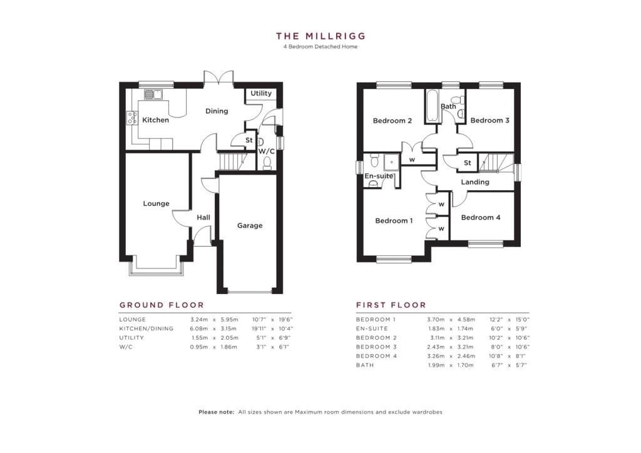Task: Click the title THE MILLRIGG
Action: (x=320, y=36)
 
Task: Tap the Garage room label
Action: (x=250, y=225)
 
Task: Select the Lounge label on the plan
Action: (x=156, y=203)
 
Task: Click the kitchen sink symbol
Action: (x=153, y=94)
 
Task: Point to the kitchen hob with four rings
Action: (x=132, y=118)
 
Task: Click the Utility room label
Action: (x=261, y=93)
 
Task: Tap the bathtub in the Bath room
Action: (x=433, y=106)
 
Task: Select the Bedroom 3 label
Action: (x=490, y=121)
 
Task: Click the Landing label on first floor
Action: (x=475, y=182)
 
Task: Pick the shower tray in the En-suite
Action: (x=392, y=162)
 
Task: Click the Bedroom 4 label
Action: (x=481, y=217)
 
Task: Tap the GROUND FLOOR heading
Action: (x=162, y=305)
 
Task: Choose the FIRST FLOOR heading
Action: (x=391, y=305)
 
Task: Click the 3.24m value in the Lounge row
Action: (x=199, y=320)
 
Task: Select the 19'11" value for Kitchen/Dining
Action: (x=259, y=328)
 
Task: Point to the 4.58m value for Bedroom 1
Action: (x=466, y=320)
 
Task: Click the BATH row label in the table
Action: (x=365, y=365)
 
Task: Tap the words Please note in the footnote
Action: (x=216, y=412)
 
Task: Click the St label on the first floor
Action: (x=468, y=163)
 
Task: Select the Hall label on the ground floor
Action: (x=203, y=217)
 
